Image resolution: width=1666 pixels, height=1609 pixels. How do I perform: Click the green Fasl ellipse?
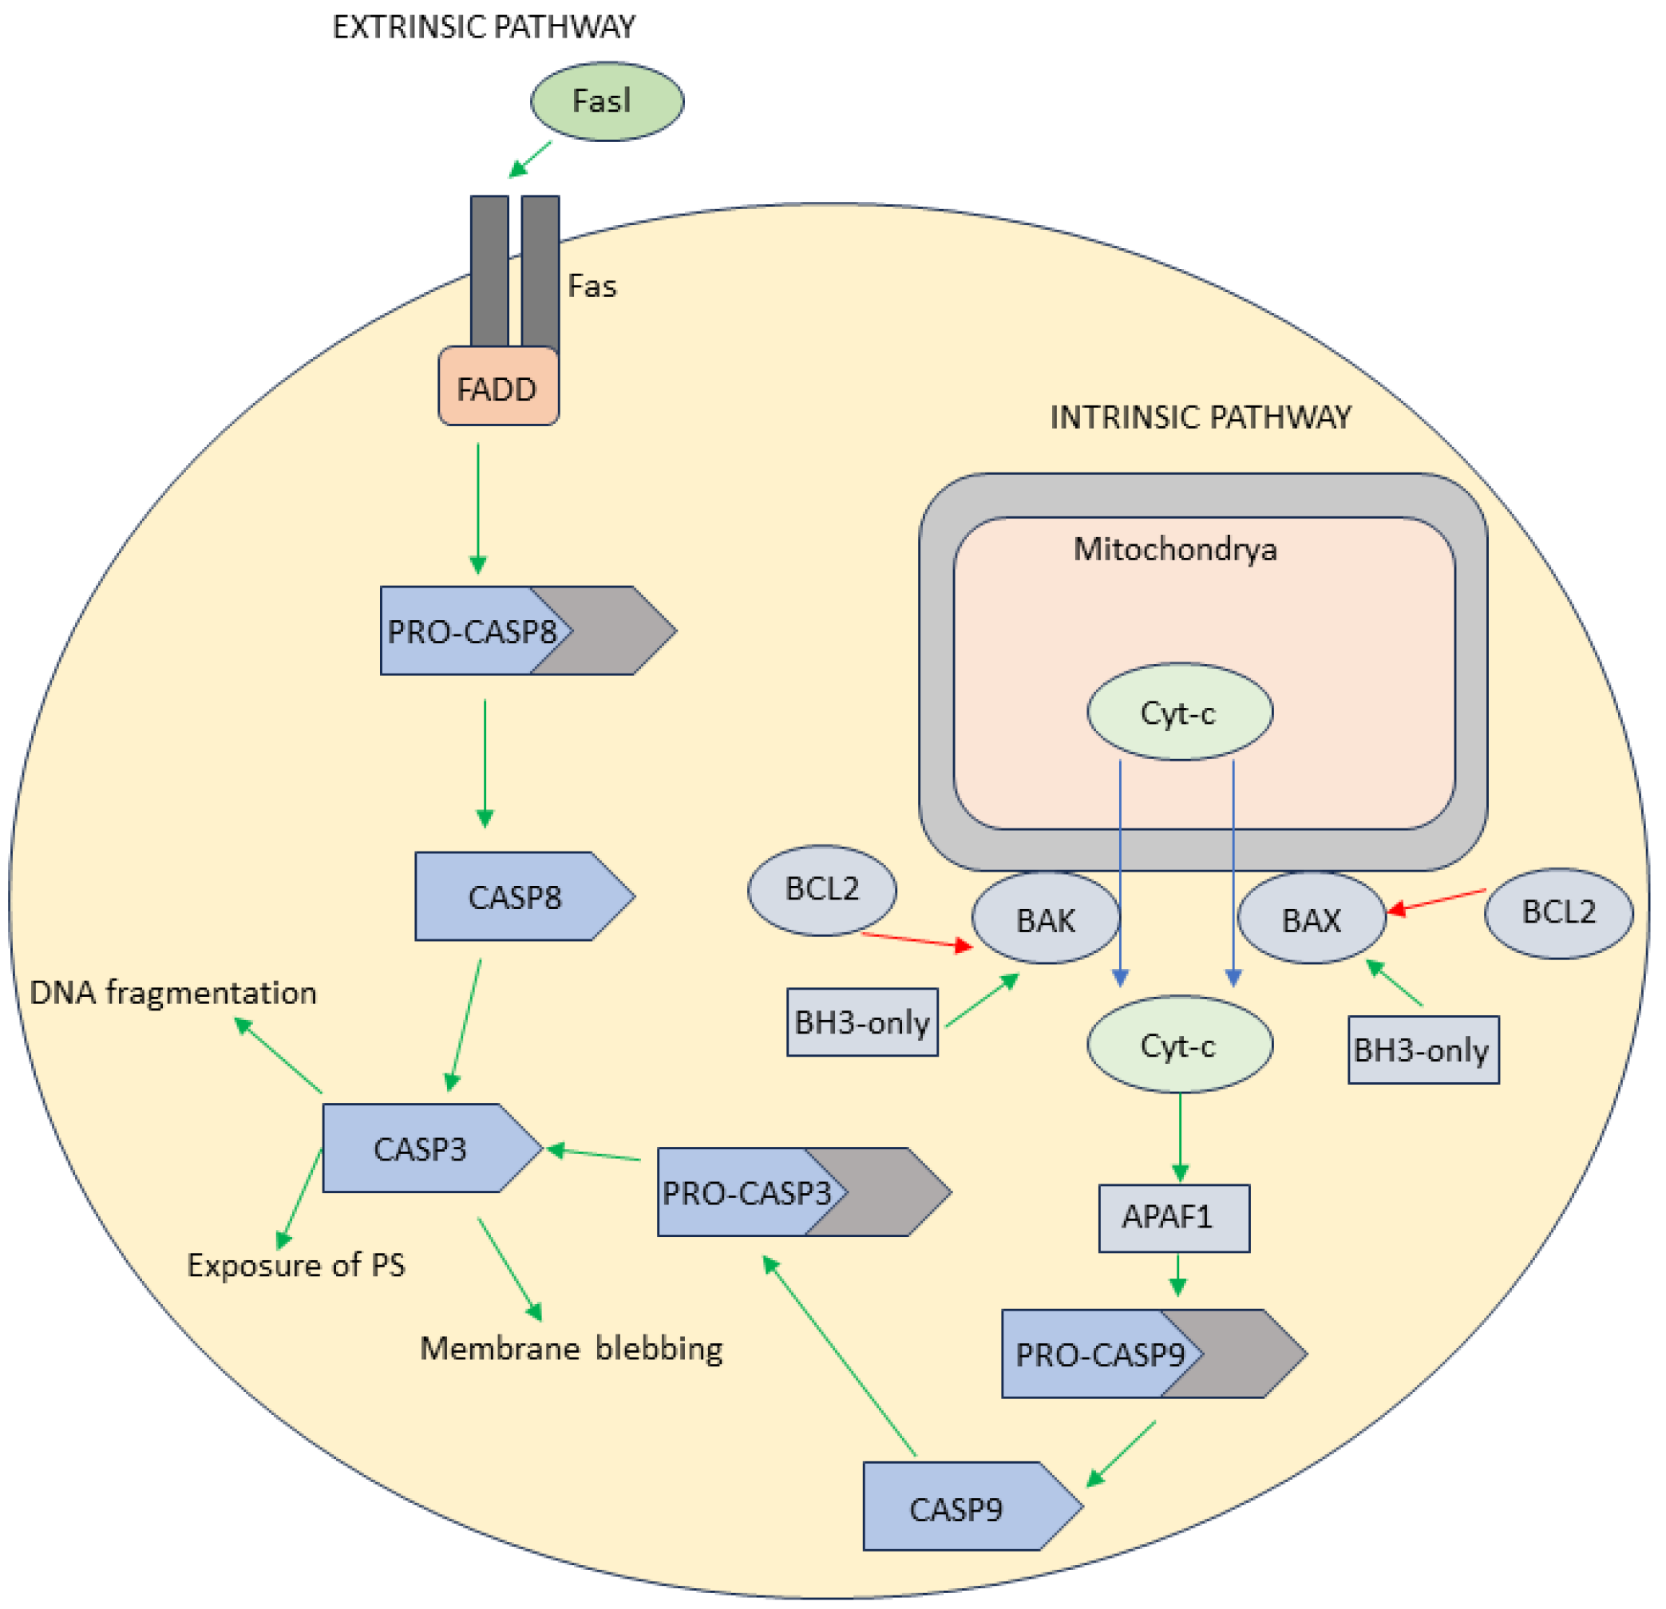pyautogui.click(x=607, y=101)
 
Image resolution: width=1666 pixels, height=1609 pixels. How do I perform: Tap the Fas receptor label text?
pyautogui.click(x=592, y=286)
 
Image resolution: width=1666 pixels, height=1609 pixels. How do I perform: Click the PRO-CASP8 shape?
pyautogui.click(x=510, y=631)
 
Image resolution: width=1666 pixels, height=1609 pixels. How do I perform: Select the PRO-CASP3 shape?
pyautogui.click(x=782, y=1192)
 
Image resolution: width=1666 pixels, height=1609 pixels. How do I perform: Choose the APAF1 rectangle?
pyautogui.click(x=1173, y=1218)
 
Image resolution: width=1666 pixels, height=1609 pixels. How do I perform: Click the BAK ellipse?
pyautogui.click(x=1046, y=919)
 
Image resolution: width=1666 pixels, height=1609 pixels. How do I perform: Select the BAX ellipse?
pyautogui.click(x=1312, y=919)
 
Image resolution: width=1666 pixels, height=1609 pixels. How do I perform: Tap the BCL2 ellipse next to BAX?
pyautogui.click(x=1558, y=913)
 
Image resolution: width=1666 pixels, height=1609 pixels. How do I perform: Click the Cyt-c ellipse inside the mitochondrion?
pyautogui.click(x=1180, y=712)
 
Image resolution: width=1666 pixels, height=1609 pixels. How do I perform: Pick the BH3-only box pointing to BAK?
pyautogui.click(x=862, y=1022)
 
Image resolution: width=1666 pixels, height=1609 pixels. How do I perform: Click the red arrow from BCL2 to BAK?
pyautogui.click(x=916, y=939)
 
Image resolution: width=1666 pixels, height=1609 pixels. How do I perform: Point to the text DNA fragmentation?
pyautogui.click(x=173, y=993)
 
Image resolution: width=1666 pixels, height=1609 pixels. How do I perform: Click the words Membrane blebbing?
pyautogui.click(x=572, y=1349)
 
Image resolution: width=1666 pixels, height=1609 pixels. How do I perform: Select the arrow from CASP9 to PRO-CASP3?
pyautogui.click(x=840, y=1358)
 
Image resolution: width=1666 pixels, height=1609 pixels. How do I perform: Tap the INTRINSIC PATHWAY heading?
pyautogui.click(x=1200, y=417)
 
